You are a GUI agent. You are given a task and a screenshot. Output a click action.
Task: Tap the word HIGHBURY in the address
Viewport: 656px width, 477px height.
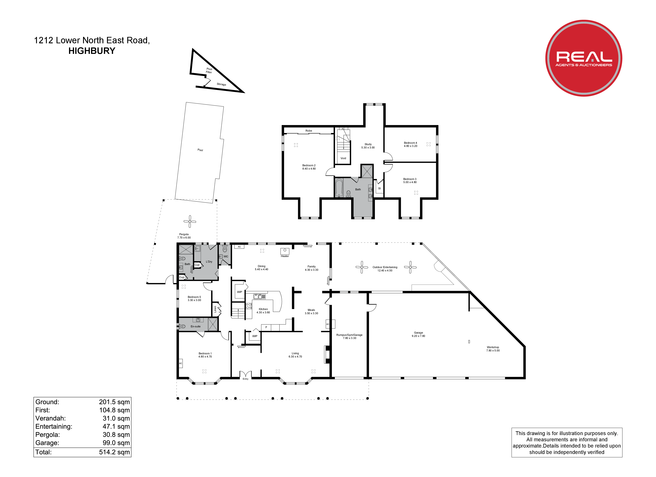pyautogui.click(x=92, y=51)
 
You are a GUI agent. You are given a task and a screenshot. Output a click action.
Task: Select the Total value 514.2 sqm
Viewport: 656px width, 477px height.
pyautogui.click(x=114, y=452)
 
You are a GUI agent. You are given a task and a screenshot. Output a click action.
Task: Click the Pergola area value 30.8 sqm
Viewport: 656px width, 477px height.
pyautogui.click(x=116, y=435)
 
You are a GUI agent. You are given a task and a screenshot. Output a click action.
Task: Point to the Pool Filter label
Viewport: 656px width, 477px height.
pyautogui.click(x=209, y=70)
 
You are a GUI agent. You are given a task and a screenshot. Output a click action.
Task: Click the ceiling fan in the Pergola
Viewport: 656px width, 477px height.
pyautogui.click(x=190, y=222)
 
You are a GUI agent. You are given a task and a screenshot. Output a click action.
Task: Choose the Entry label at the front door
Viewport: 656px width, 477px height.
pyautogui.click(x=245, y=379)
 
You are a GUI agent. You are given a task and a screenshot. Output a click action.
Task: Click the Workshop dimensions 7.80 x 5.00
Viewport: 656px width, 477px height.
pyautogui.click(x=493, y=350)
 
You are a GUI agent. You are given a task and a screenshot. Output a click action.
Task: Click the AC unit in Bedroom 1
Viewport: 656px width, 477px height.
pyautogui.click(x=181, y=363)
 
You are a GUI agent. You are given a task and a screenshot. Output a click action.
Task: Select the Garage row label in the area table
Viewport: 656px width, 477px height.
pyautogui.click(x=47, y=443)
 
